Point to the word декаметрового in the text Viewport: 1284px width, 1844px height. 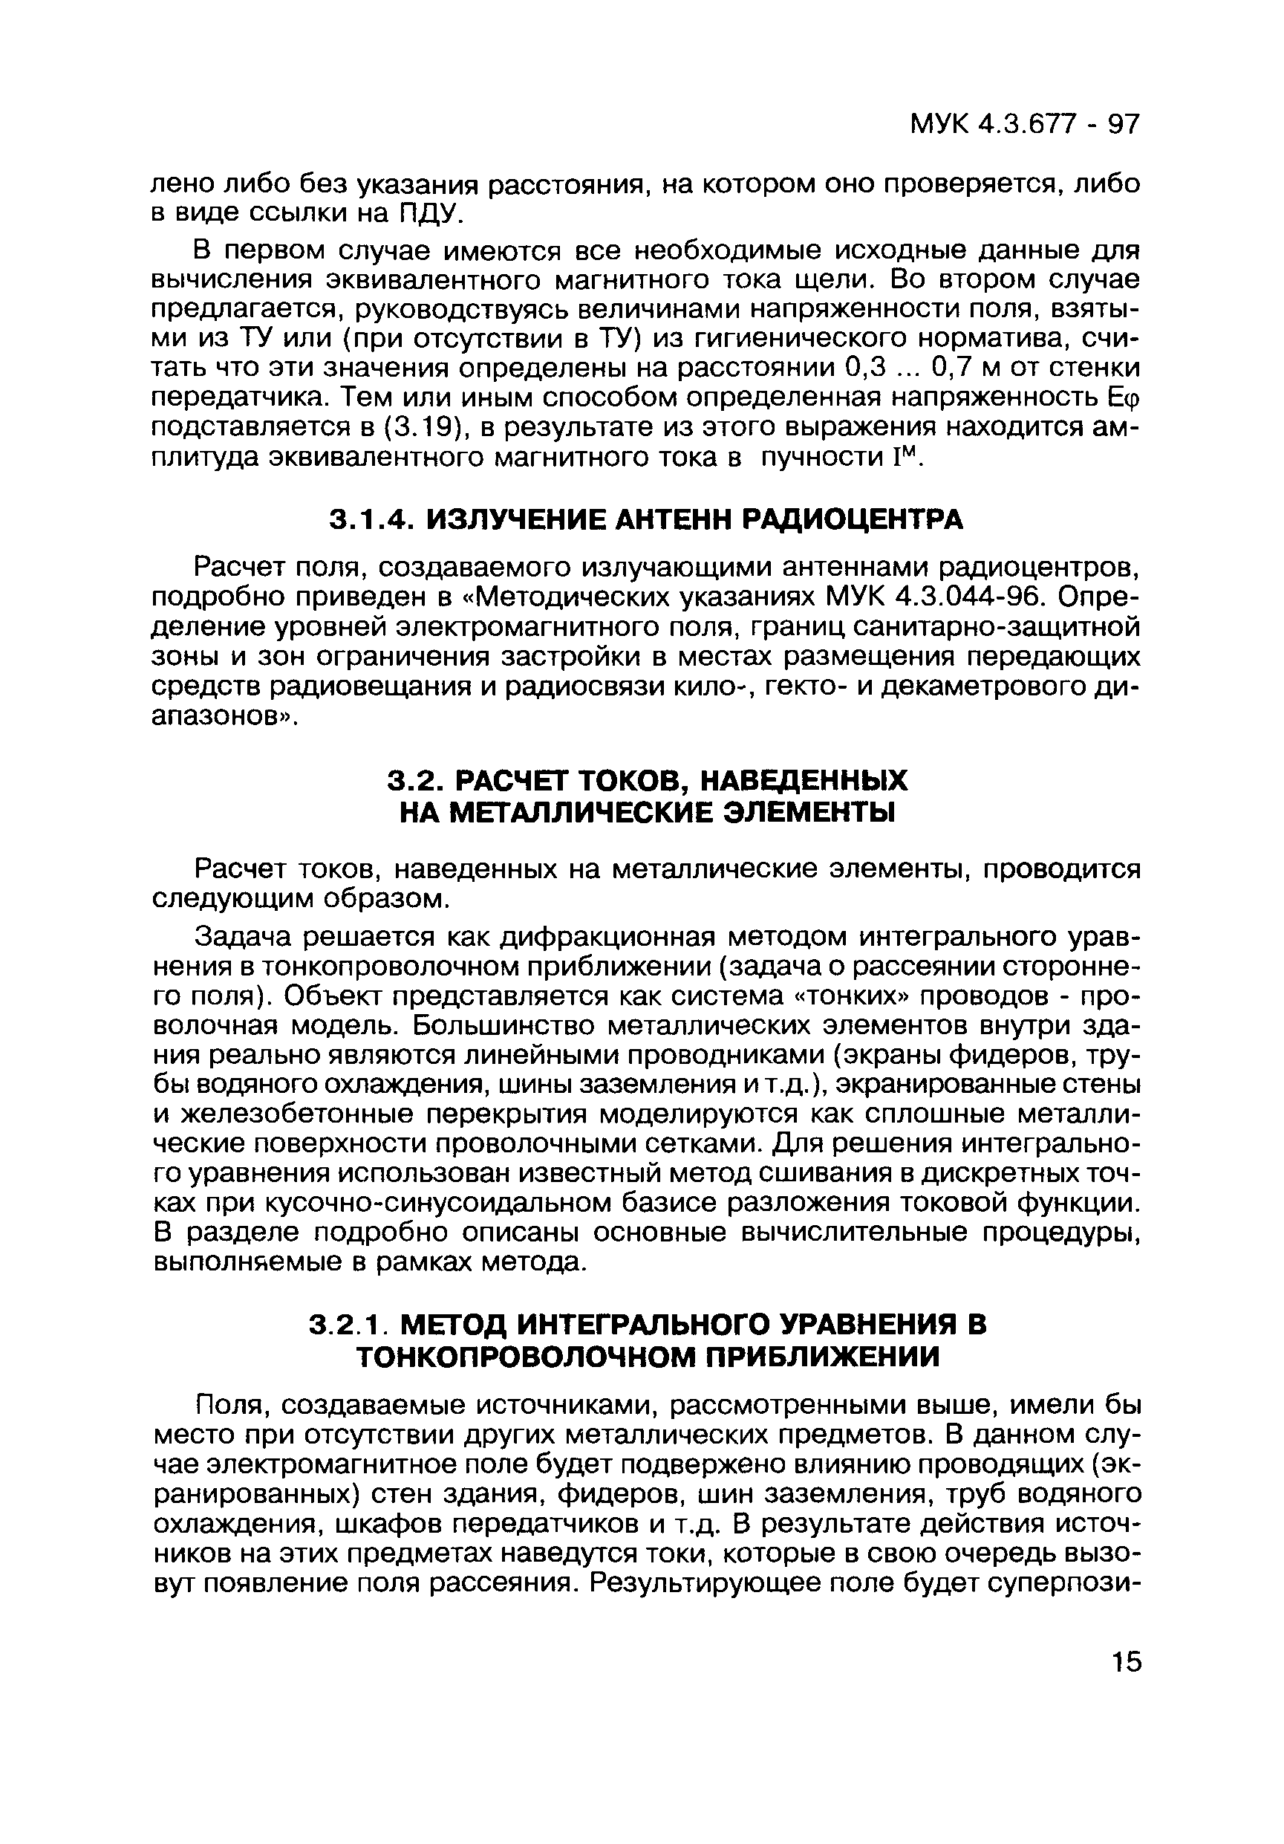point(981,687)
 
